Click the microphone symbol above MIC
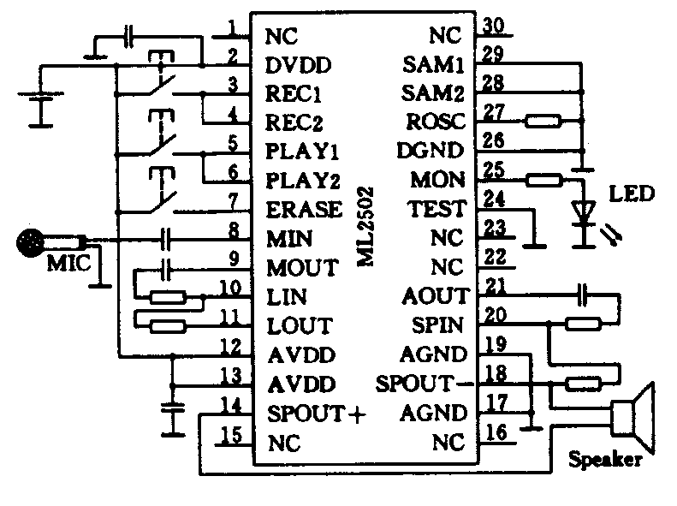click(31, 243)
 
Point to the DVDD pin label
click(299, 65)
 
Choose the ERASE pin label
click(304, 210)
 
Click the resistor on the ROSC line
click(543, 122)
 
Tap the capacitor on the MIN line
click(167, 239)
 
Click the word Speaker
click(604, 461)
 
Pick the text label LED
click(631, 193)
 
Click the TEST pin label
click(437, 209)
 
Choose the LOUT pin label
click(300, 326)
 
